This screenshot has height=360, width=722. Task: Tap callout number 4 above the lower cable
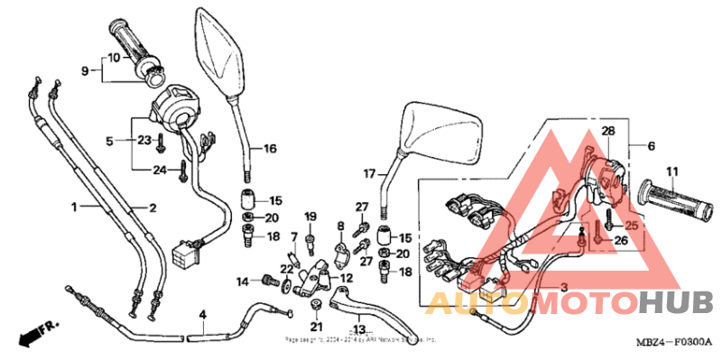pos(203,315)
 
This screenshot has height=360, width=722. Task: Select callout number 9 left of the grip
pos(86,70)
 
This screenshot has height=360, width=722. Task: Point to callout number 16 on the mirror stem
pos(270,149)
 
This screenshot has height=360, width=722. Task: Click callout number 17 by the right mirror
pos(368,172)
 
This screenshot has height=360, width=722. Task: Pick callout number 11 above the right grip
pos(671,171)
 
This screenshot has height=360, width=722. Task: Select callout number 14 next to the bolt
pos(243,282)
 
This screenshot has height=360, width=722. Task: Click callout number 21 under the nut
pos(316,327)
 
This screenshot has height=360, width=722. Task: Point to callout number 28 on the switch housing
pos(608,132)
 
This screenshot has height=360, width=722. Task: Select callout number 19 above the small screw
pos(310,217)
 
